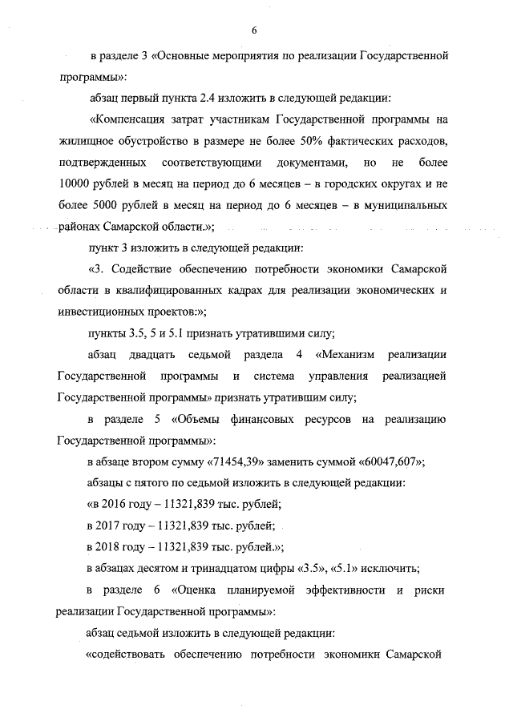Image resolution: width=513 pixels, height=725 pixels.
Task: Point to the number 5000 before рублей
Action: pos(102,205)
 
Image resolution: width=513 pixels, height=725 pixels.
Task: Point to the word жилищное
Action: pos(87,142)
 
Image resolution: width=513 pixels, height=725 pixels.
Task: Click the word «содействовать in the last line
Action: pos(128,655)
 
